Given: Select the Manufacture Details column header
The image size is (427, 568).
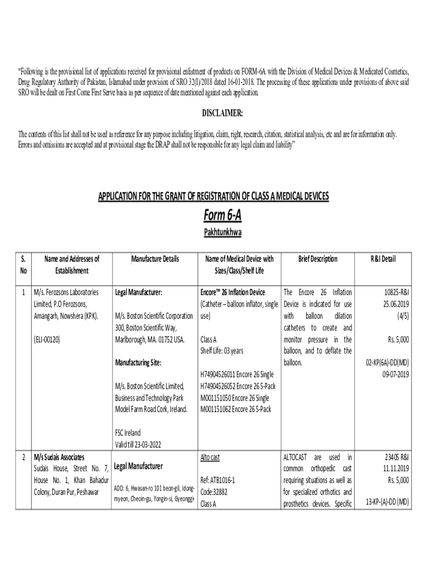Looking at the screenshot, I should (155, 259).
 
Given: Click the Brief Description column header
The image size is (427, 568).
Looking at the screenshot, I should (317, 259).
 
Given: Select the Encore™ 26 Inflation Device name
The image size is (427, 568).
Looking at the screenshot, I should (232, 292).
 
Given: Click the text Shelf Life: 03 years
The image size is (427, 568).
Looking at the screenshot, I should (222, 351).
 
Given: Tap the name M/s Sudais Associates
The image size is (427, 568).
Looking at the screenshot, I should (59, 458).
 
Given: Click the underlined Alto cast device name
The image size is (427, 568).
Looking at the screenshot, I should (210, 458).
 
